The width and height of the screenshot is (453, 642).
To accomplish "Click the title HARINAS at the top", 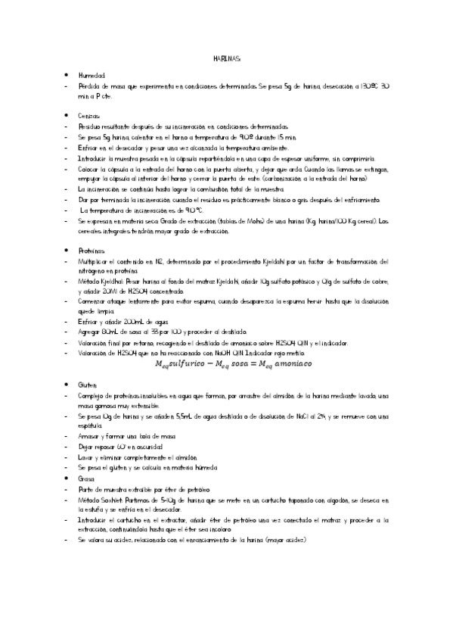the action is (226, 60).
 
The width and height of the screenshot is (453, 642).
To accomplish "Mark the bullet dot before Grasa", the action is (67, 478).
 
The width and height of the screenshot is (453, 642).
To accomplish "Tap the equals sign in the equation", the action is (254, 364).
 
